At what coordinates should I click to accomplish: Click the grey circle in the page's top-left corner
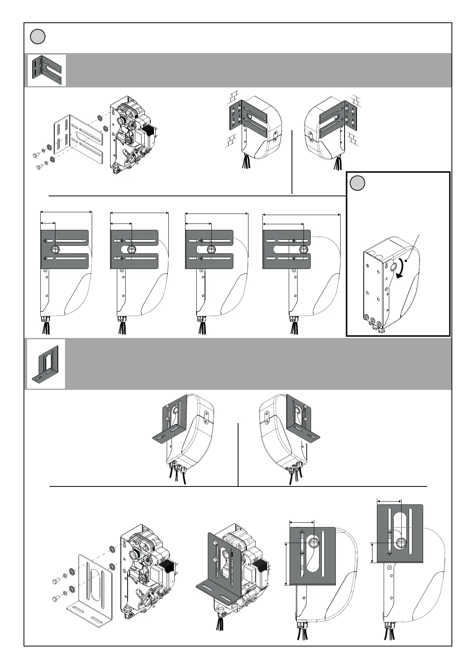click(x=37, y=37)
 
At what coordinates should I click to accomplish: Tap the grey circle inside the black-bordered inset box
click(x=357, y=183)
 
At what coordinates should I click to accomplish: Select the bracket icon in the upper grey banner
click(x=47, y=70)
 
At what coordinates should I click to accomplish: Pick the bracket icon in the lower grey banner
click(x=46, y=364)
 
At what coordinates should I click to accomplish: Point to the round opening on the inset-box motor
click(x=393, y=266)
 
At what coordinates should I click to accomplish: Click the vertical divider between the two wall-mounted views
click(x=292, y=162)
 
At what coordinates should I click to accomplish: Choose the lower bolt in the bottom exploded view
click(x=55, y=598)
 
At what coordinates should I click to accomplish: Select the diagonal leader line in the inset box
click(x=414, y=247)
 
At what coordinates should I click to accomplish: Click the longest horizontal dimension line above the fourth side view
click(x=302, y=215)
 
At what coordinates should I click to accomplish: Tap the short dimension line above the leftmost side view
click(x=48, y=223)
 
